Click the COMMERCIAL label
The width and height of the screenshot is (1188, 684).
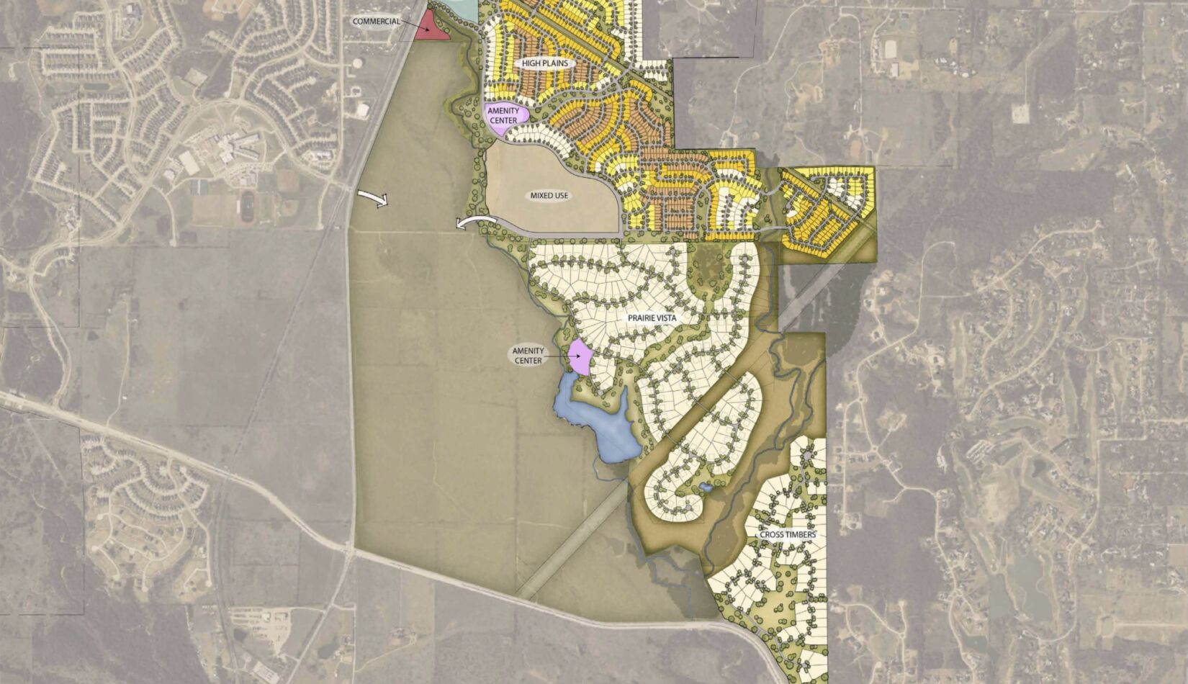(376, 22)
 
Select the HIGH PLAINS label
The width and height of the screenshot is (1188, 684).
(545, 63)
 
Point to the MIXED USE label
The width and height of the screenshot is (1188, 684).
(549, 195)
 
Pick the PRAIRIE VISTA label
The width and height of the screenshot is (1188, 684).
(653, 317)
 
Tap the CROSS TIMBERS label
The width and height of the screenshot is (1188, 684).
(788, 535)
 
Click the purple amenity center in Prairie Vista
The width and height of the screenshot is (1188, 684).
(580, 356)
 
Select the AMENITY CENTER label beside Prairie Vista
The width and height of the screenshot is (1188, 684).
(528, 356)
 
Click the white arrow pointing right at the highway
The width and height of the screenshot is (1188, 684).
(374, 199)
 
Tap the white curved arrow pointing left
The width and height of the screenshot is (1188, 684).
(475, 222)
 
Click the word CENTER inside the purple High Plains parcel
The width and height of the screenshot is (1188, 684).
(503, 120)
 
